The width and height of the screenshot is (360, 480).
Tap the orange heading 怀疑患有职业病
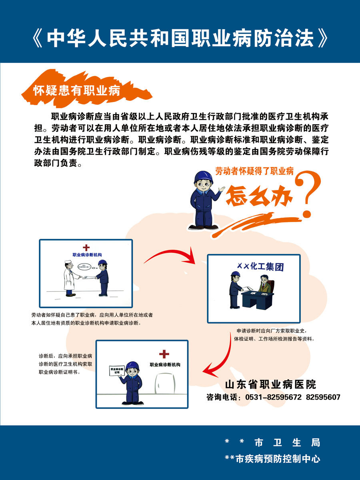click(x=77, y=90)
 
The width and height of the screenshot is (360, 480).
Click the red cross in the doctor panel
click(x=86, y=248)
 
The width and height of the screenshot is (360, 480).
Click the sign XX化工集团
click(x=257, y=266)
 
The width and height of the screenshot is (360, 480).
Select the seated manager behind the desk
click(x=264, y=283)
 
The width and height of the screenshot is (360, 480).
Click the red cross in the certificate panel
click(x=164, y=354)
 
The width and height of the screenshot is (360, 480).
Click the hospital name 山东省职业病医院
click(x=271, y=384)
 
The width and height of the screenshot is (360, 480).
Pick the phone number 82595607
click(x=323, y=397)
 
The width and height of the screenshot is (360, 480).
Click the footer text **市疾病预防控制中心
click(x=272, y=459)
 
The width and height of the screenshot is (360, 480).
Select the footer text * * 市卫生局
click(x=272, y=443)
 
